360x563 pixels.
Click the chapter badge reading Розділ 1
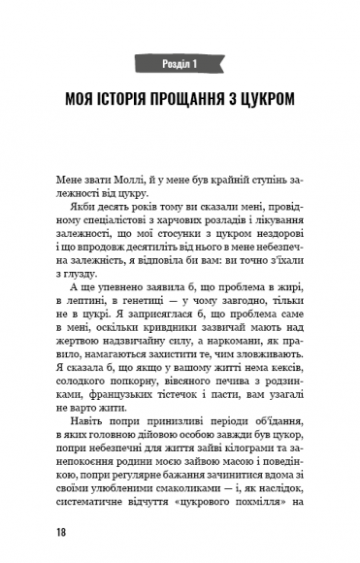tap(180, 64)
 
